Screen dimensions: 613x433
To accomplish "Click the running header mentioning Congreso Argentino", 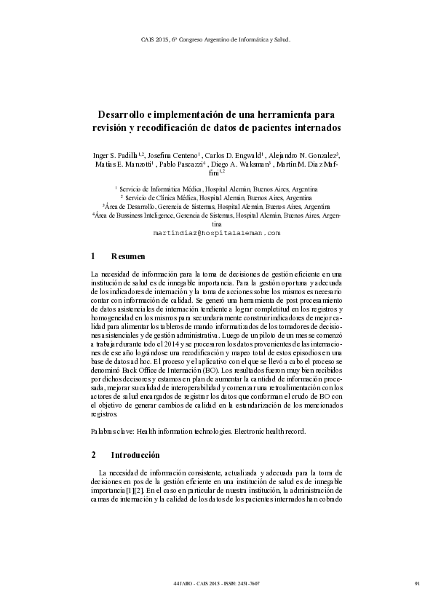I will click(216, 39).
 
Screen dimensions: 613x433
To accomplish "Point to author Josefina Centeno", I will click(172, 155).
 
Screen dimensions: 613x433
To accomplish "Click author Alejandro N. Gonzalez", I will click(301, 155).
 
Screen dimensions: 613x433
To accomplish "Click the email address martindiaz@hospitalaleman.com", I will click(216, 232).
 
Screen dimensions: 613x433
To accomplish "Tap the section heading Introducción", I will click(135, 455).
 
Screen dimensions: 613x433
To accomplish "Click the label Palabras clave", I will click(112, 431).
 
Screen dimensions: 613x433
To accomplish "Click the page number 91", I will click(416, 583).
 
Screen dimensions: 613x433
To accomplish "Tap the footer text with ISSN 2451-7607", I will click(216, 583).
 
